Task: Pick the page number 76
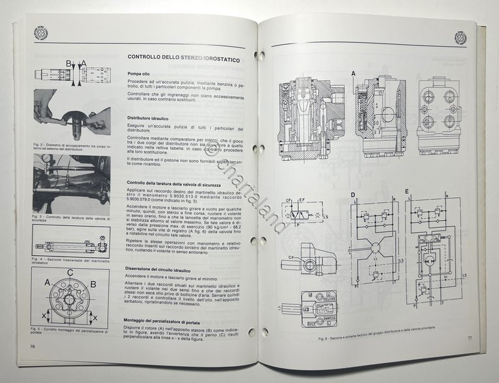coord(31,347)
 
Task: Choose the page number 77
coord(468,338)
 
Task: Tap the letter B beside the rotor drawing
coord(93,284)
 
